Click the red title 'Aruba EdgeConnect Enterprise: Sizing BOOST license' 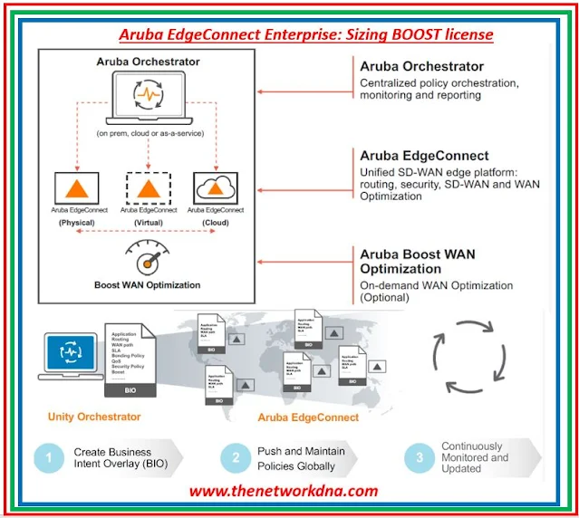(306, 35)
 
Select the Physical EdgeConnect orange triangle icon (78, 187)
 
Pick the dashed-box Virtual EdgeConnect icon (148, 187)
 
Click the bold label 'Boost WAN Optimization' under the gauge (148, 285)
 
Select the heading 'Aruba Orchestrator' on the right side (421, 66)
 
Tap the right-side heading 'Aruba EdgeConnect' (424, 156)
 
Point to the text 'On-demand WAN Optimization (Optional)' (435, 292)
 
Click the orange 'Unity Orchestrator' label (94, 417)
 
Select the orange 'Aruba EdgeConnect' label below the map (308, 417)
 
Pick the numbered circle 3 (419, 457)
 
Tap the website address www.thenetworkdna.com (284, 492)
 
